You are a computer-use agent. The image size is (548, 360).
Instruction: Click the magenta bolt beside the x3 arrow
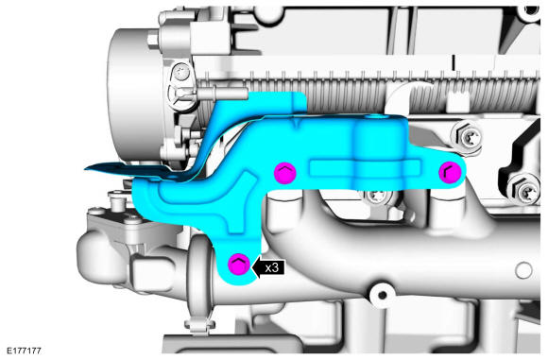tap(239, 264)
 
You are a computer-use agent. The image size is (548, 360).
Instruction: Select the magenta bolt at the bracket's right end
tap(450, 172)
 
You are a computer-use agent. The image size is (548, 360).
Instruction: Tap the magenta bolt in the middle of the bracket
tap(285, 173)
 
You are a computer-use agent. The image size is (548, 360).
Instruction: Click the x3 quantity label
tap(271, 267)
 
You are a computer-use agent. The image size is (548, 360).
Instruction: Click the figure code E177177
tap(24, 351)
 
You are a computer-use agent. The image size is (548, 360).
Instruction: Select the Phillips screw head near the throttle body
tap(181, 73)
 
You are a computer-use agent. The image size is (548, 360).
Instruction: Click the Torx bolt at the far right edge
tap(525, 191)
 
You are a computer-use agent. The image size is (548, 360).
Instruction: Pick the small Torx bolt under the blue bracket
tap(376, 197)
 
